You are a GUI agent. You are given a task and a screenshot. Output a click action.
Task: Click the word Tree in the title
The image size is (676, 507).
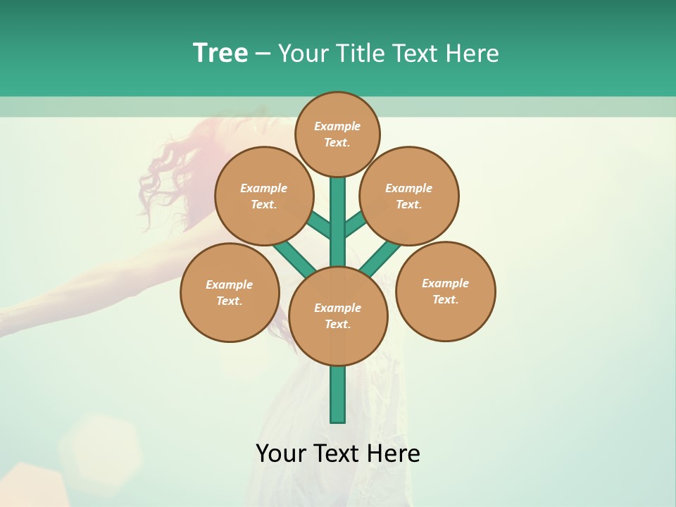click(220, 53)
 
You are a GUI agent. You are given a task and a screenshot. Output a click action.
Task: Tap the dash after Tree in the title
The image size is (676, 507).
click(263, 54)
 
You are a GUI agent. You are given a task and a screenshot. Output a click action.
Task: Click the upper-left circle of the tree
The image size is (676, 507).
click(263, 196)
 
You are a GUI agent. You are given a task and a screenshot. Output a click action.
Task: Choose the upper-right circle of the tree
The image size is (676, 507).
click(409, 196)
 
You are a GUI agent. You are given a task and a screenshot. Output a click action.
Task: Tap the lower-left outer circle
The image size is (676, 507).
click(230, 292)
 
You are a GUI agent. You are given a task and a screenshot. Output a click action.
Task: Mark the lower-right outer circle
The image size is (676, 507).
click(445, 291)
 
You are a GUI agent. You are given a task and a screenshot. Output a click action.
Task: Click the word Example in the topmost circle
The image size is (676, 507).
click(337, 127)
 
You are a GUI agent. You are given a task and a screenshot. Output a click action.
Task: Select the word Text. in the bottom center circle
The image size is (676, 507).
click(337, 325)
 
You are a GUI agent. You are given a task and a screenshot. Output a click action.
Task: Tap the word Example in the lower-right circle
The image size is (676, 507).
click(445, 283)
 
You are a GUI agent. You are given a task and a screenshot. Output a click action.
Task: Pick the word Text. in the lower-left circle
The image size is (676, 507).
click(230, 301)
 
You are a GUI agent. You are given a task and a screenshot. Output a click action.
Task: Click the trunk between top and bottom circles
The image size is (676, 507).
click(338, 225)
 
